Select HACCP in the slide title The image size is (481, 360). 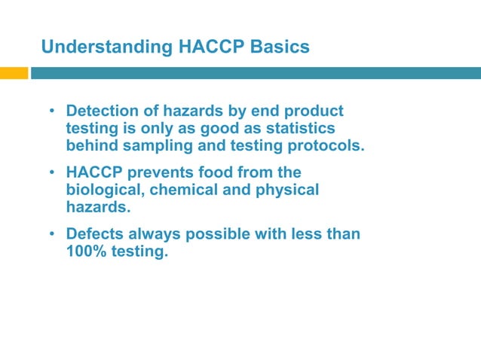[x=208, y=47]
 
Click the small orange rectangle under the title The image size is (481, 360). [x=14, y=73]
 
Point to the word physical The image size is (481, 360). [x=286, y=190]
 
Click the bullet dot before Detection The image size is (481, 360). [x=52, y=112]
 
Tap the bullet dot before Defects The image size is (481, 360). [x=52, y=235]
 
